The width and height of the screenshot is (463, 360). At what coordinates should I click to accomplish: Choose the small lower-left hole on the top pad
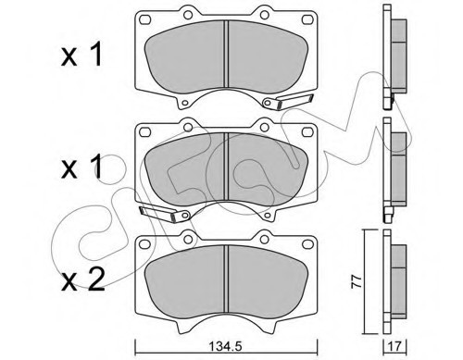[x=186, y=102]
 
